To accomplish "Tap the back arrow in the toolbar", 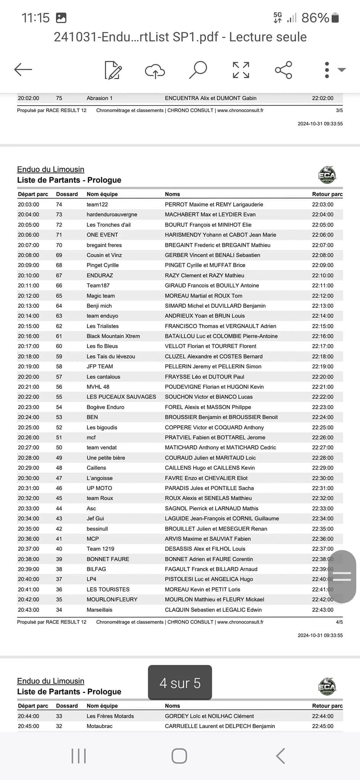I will [23, 70].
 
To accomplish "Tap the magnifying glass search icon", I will [198, 70].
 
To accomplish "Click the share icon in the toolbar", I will [283, 70].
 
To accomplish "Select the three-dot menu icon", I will [327, 70].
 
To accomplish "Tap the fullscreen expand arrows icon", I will [241, 70].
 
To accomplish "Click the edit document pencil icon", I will [113, 70].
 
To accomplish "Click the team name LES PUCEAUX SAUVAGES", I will [121, 397].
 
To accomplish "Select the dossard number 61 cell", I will [59, 336].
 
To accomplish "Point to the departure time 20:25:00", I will [29, 427].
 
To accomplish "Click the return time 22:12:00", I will [323, 296].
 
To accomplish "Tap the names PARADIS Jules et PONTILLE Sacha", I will [209, 488].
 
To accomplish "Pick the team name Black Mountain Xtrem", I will [113, 336].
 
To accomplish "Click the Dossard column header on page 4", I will [67, 194].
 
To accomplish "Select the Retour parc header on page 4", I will [327, 194].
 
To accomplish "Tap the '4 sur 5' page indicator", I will [180, 683].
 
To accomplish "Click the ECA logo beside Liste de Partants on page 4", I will [327, 175].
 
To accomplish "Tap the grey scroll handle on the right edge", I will [342, 576].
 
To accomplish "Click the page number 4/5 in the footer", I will [339, 622].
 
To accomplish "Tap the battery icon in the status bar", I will [335, 18].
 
